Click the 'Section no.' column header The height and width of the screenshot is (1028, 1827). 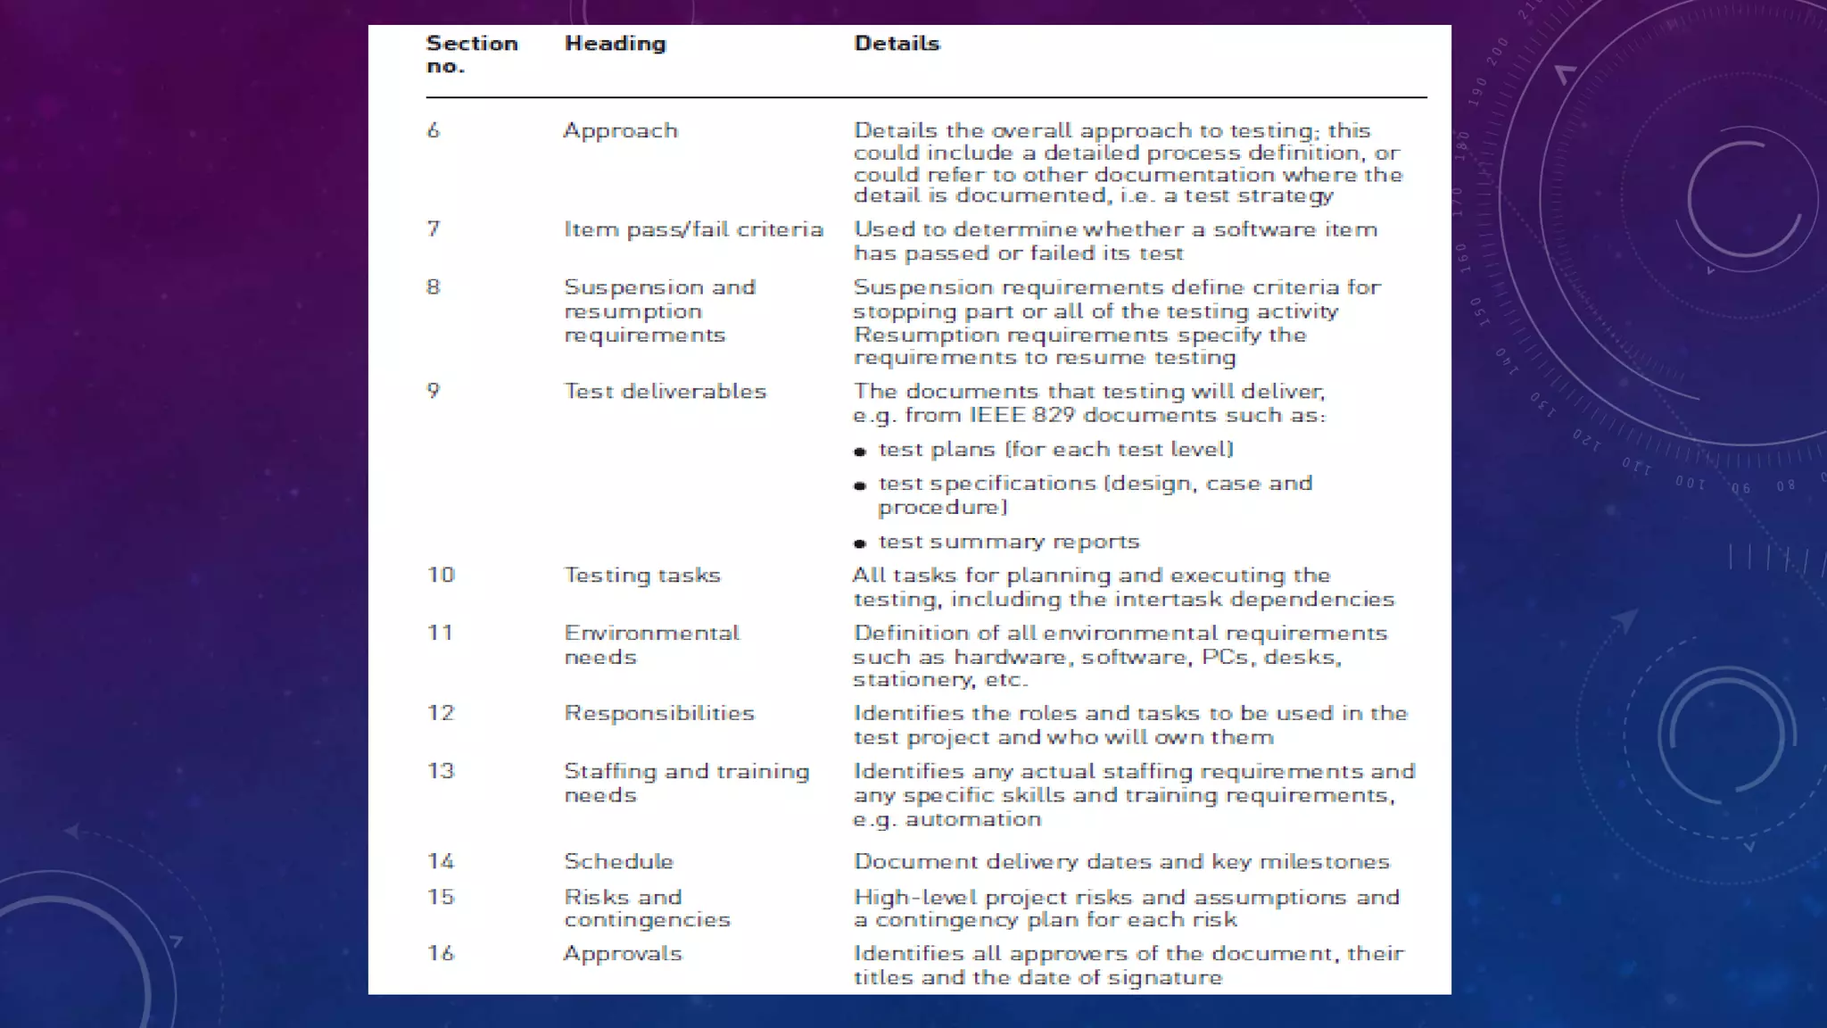coord(471,54)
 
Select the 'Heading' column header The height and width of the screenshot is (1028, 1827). coord(615,43)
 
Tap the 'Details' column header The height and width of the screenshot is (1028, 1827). coord(896,43)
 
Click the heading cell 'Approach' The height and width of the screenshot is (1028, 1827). coord(620,130)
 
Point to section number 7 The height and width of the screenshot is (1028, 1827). coord(434,229)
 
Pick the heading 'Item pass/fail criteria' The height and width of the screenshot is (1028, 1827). coord(693,229)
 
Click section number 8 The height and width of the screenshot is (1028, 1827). coord(434,287)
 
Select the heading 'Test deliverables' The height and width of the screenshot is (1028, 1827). coord(665,391)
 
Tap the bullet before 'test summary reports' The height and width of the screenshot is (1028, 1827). coord(860,543)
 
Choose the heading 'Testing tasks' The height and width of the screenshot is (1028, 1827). coord(641,575)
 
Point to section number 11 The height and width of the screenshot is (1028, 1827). coord(440,633)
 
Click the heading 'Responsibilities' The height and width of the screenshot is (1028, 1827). coord(658,713)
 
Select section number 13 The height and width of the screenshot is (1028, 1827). coord(441,771)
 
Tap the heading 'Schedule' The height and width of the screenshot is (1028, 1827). coord(618,861)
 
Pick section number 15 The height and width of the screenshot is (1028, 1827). coord(441,897)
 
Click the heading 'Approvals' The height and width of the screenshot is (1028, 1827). coord(622,953)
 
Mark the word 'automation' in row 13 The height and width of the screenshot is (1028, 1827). coord(973,819)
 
